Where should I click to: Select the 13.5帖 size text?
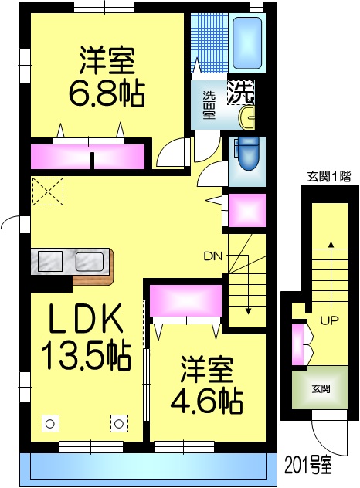click(x=86, y=356)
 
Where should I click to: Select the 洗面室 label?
click(x=209, y=105)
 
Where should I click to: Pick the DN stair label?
click(x=212, y=256)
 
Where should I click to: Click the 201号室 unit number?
click(x=307, y=465)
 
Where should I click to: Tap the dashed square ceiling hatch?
click(x=48, y=191)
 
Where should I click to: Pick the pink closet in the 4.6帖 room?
click(x=185, y=301)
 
